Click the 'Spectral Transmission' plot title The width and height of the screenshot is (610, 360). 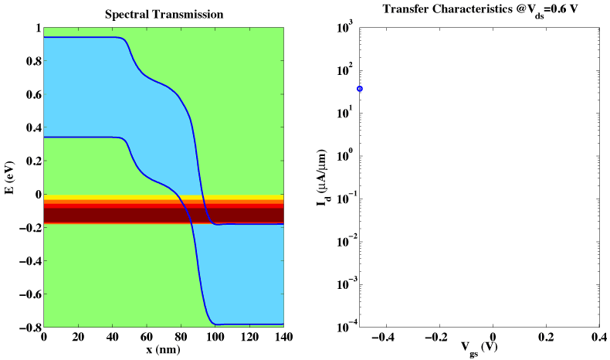tap(163, 14)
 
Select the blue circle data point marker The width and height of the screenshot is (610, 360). tap(360, 89)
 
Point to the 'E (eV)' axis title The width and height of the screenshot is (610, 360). tap(10, 177)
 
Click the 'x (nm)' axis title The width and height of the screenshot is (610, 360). tap(164, 350)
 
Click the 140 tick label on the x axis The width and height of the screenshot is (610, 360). tap(283, 338)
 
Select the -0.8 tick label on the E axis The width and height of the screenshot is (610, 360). tap(27, 328)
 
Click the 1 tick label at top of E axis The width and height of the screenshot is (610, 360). tap(35, 28)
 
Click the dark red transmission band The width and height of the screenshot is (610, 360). tap(116, 214)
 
